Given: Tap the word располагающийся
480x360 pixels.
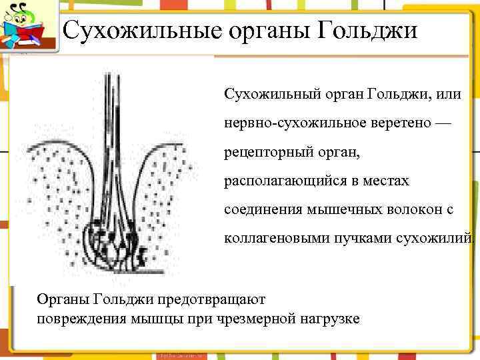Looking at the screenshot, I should pyautogui.click(x=279, y=181).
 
